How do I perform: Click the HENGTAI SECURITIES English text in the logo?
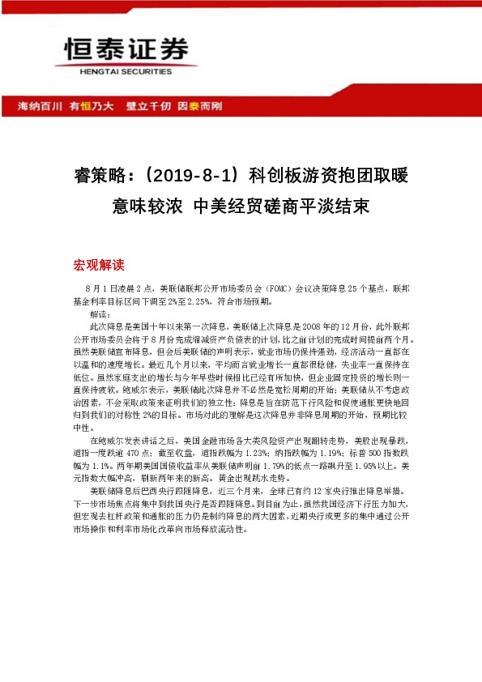coord(119,71)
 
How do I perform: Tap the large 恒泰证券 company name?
coord(119,49)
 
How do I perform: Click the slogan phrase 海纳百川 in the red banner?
coord(35,106)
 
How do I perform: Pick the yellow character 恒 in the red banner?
coord(84,106)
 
